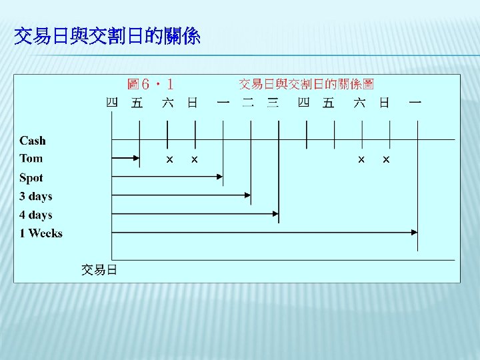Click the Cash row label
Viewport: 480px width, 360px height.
(x=33, y=141)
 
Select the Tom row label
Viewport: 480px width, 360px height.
(x=31, y=159)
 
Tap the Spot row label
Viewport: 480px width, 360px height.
(x=31, y=178)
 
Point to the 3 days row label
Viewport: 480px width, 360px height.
(x=36, y=197)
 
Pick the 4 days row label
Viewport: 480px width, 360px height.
(x=36, y=215)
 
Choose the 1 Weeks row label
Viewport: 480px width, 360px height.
(x=41, y=233)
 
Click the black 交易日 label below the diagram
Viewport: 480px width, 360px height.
(x=99, y=269)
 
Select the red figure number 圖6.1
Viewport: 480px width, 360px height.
(x=151, y=84)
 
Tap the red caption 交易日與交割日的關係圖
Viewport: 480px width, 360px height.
(x=307, y=84)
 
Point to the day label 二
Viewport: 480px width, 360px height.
(x=248, y=103)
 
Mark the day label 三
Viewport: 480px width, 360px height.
(x=273, y=103)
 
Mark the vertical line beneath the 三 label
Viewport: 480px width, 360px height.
(x=279, y=167)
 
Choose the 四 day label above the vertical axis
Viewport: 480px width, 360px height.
(x=112, y=103)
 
